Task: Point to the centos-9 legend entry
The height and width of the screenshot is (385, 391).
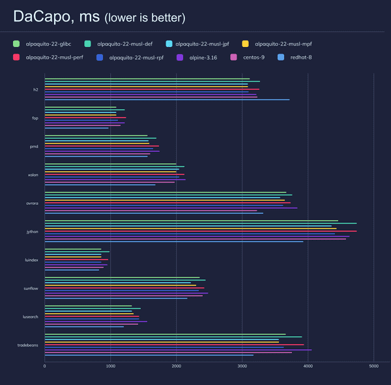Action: [x=272, y=57]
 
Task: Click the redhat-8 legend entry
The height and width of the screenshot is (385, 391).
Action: [x=326, y=57]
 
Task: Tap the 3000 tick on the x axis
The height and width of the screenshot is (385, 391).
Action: [x=242, y=366]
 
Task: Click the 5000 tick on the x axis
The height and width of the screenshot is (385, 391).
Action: [x=373, y=366]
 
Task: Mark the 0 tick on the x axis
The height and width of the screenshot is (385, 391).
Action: [x=44, y=366]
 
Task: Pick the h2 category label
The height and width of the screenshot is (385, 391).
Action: [x=36, y=89]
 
